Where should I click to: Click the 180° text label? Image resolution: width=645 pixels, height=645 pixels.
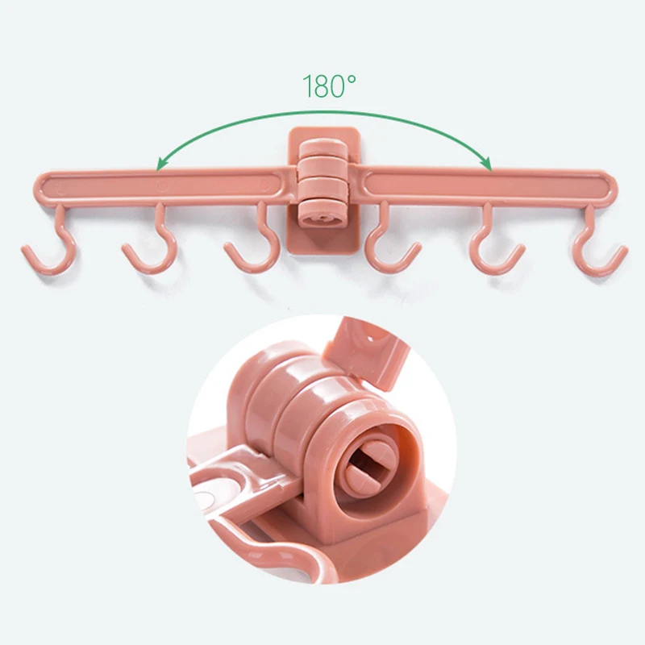pyautogui.click(x=329, y=86)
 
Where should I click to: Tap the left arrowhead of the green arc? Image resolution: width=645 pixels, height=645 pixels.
pyautogui.click(x=162, y=164)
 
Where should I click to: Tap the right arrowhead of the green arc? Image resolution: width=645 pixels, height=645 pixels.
pyautogui.click(x=487, y=164)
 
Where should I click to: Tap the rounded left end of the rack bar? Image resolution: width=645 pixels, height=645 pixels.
pyautogui.click(x=41, y=189)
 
